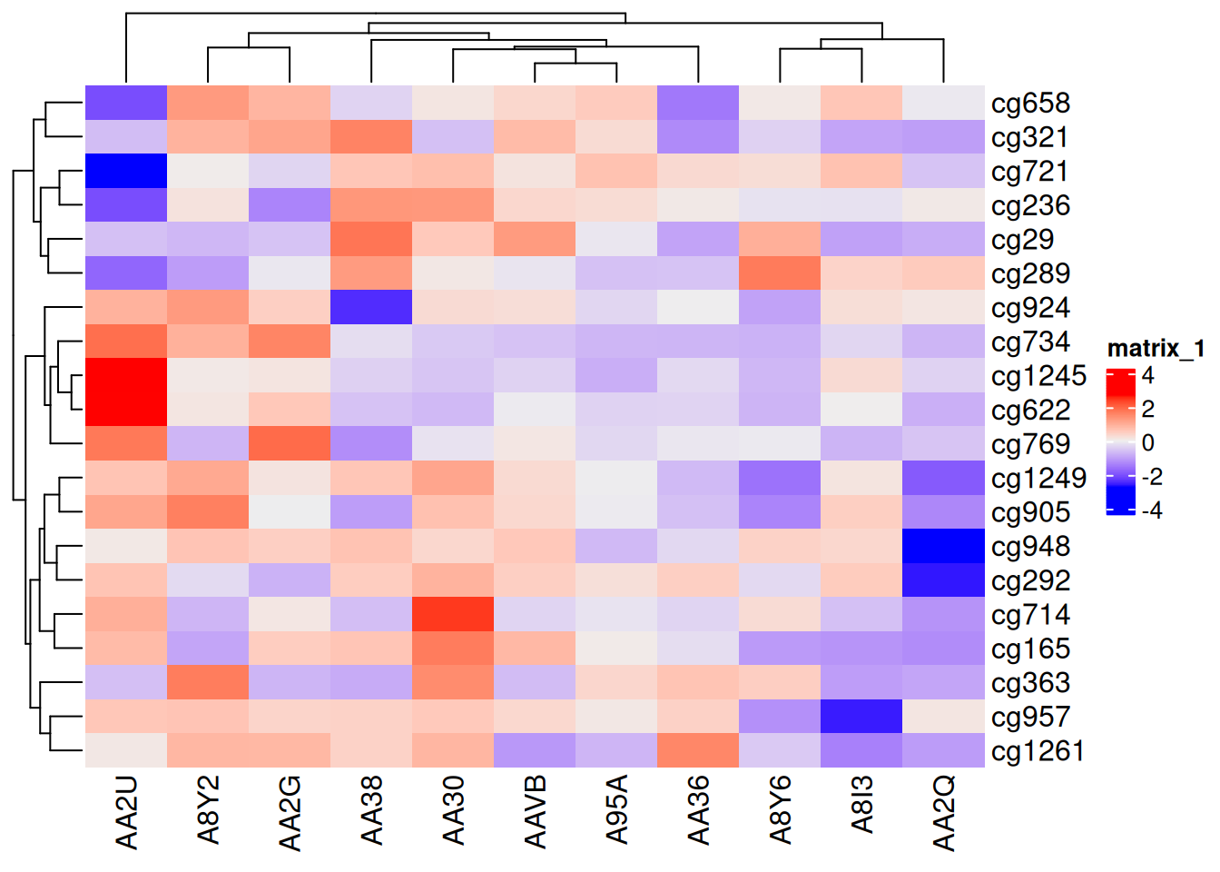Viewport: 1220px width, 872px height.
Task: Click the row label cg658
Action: tap(1030, 104)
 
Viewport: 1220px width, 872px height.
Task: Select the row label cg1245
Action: tap(1038, 376)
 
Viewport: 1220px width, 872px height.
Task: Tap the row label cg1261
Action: tap(1038, 751)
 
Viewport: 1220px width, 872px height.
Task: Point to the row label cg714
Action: tap(1030, 615)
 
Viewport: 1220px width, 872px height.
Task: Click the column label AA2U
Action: tap(127, 812)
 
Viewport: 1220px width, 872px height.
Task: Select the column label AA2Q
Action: tap(944, 813)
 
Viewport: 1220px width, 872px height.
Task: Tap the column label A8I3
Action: tap(862, 804)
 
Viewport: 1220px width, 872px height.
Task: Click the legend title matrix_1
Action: tap(1156, 348)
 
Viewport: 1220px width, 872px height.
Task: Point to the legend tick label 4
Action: tap(1147, 375)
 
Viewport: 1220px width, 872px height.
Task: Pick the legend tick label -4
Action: tap(1151, 510)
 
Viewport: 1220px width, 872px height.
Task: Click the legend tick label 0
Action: tap(1147, 443)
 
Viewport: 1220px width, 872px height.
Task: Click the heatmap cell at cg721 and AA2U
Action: tap(126, 171)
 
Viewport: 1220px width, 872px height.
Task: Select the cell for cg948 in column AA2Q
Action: tap(943, 546)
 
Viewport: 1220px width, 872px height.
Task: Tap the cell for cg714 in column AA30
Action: tap(453, 614)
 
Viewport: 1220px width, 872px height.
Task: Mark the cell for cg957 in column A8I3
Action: tap(861, 717)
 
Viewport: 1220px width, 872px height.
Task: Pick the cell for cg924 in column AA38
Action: tap(371, 307)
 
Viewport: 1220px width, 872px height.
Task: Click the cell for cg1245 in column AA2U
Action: tap(126, 375)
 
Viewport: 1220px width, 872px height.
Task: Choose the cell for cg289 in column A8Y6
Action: tap(780, 273)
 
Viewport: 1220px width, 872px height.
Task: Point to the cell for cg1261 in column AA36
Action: tap(698, 750)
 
